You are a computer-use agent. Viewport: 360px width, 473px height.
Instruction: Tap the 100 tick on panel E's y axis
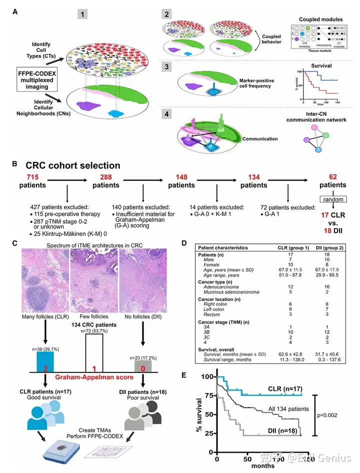point(206,375)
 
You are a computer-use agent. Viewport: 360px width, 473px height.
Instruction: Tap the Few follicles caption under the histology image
point(93,316)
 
